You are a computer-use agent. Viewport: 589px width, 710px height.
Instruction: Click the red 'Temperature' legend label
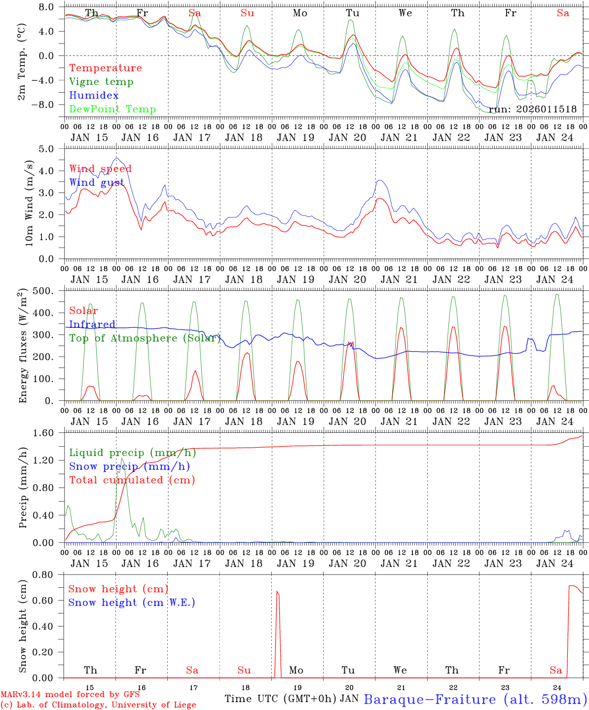105,68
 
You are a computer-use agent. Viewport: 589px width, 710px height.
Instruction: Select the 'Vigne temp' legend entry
101,82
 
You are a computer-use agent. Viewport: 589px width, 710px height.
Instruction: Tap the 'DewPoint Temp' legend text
112,109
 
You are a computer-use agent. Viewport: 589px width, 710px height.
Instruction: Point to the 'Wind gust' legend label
97,182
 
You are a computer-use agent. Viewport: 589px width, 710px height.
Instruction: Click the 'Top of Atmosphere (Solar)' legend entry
145,338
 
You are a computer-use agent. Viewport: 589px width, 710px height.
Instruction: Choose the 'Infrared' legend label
92,324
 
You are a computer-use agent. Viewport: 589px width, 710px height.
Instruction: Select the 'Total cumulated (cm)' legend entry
132,480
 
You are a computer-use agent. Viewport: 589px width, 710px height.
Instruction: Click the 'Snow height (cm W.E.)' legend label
132,603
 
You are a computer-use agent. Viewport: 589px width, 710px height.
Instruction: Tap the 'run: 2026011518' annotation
533,109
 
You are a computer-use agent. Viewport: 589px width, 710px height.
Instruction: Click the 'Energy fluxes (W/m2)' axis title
23,347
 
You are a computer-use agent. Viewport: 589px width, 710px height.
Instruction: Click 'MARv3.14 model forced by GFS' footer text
70,694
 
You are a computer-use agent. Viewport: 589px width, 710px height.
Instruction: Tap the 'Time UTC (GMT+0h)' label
281,699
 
